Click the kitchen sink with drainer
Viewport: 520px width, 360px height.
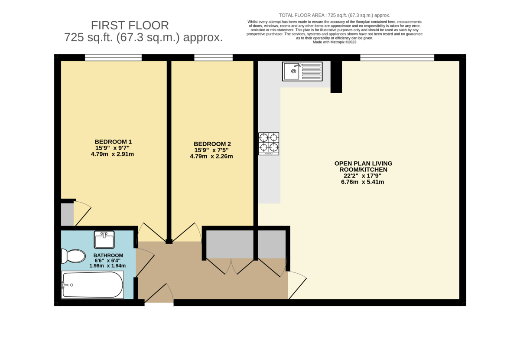[x=302, y=71]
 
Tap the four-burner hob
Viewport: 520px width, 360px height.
[x=269, y=144]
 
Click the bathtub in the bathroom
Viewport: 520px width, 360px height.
[x=93, y=285]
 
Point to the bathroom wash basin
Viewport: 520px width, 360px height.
[x=104, y=239]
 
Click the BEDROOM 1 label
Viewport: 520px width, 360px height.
[x=113, y=142]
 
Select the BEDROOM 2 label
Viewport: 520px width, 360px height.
[x=212, y=144]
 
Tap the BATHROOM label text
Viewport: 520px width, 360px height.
[x=108, y=255]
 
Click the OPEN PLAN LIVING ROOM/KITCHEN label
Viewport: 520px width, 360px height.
[x=363, y=167]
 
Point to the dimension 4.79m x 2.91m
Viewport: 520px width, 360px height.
[x=112, y=154]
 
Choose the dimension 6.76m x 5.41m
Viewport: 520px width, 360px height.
[x=363, y=182]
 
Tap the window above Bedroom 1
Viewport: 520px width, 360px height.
[x=113, y=57]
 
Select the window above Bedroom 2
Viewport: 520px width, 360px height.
[x=213, y=57]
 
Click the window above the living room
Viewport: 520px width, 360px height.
[x=397, y=57]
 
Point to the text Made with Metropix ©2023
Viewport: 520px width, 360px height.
[x=334, y=42]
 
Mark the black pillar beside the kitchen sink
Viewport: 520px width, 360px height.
[x=336, y=77]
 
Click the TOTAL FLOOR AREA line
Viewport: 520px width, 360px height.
[x=334, y=15]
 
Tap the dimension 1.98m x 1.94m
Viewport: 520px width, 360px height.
[x=107, y=266]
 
